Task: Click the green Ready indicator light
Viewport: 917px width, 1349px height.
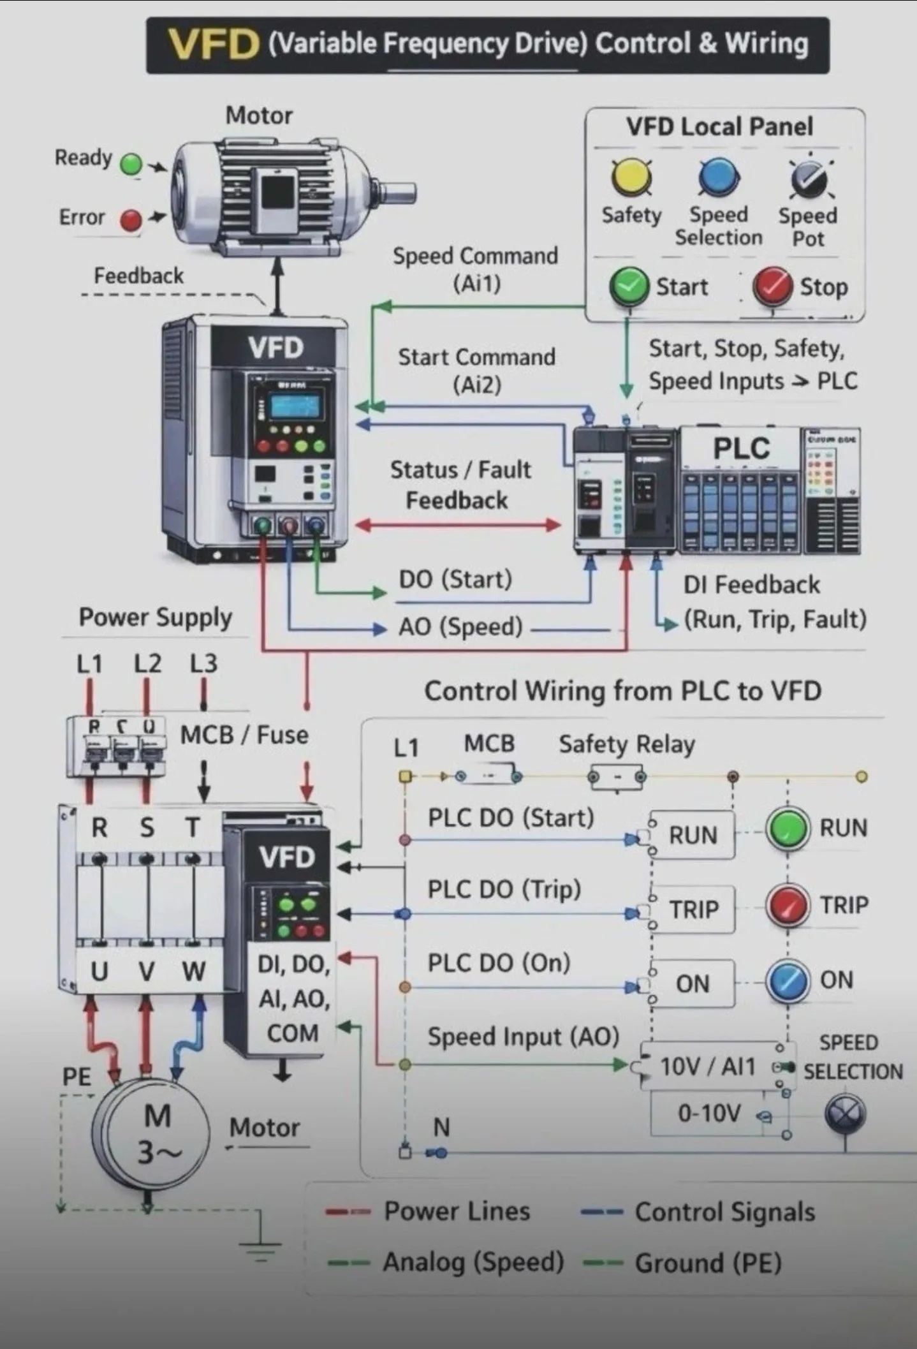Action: [x=131, y=164]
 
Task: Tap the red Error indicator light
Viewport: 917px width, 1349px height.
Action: [x=131, y=220]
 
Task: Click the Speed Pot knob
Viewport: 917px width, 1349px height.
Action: [x=808, y=179]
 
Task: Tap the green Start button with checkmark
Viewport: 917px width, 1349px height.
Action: [x=629, y=286]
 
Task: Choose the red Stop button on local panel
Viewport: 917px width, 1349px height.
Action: [x=772, y=286]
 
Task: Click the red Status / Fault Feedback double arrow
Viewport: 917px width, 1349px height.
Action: [x=457, y=525]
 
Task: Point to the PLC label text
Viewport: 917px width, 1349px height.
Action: [x=741, y=448]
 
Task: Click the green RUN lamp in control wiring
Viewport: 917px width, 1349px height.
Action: [x=788, y=828]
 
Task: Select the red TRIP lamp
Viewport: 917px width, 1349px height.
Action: [x=788, y=905]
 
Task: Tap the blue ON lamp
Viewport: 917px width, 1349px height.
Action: [x=788, y=981]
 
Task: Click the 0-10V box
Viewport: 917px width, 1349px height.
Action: [x=709, y=1114]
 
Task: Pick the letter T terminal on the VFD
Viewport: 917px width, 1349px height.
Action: [x=193, y=828]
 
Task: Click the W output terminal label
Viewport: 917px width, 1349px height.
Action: [x=194, y=971]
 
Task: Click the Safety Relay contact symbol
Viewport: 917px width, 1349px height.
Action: [x=617, y=777]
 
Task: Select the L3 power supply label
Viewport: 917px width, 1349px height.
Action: [x=203, y=664]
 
